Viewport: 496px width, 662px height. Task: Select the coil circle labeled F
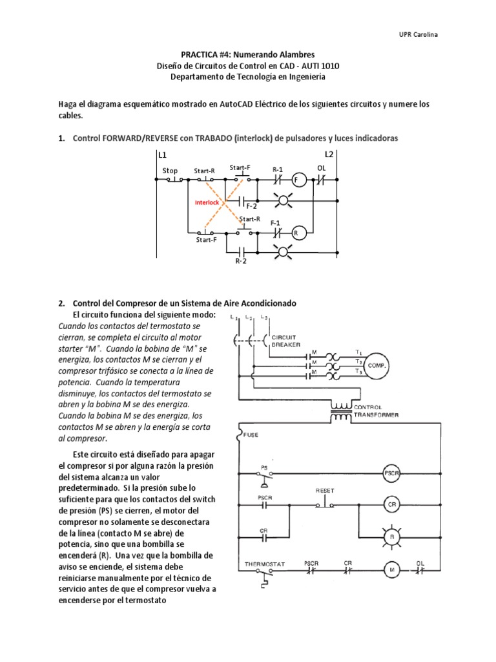[x=298, y=181]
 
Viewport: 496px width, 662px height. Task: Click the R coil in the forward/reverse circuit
[x=298, y=232]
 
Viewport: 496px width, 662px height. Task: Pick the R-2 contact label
[x=241, y=262]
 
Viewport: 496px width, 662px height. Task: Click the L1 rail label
[x=162, y=155]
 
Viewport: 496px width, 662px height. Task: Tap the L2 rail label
[x=329, y=155]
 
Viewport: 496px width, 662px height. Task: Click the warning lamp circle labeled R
[x=391, y=536]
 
